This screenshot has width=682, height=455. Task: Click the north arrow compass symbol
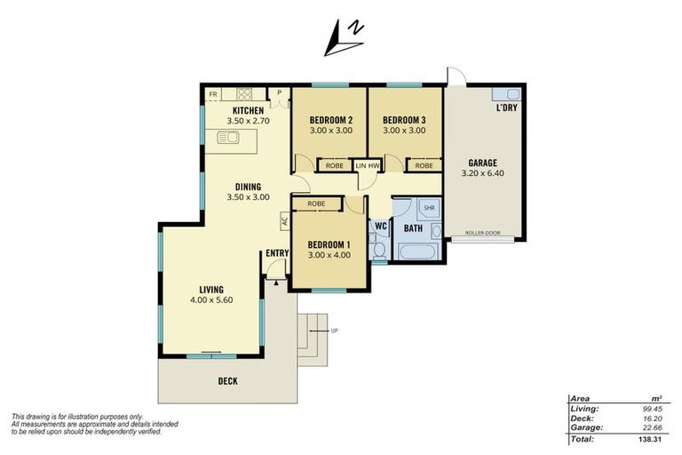[x=344, y=38]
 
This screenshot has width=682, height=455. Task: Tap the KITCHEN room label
[x=249, y=110]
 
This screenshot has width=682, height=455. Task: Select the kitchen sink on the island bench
[x=228, y=138]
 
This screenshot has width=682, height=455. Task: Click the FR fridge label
[x=213, y=94]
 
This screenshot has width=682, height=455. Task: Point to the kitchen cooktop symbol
[x=244, y=94]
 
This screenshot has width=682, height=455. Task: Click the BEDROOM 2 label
[x=331, y=120]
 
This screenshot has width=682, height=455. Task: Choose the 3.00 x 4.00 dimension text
[x=329, y=255]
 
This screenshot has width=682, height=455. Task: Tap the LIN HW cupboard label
[x=368, y=165]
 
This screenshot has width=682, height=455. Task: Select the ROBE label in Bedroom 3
[x=424, y=165]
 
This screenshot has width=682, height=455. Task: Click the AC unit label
[x=285, y=220]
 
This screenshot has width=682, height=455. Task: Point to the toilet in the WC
[x=379, y=250]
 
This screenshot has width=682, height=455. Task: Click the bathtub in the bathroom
[x=417, y=251]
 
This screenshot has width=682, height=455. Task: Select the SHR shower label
[x=429, y=208]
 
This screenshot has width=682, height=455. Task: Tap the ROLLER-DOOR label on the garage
[x=483, y=233]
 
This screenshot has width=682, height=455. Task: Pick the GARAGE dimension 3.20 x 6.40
[x=483, y=173]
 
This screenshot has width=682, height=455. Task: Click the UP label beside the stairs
[x=334, y=331]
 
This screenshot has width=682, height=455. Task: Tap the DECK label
[x=228, y=381]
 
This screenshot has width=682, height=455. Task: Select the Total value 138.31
[x=650, y=439]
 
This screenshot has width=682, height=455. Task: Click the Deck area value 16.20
[x=653, y=419]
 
